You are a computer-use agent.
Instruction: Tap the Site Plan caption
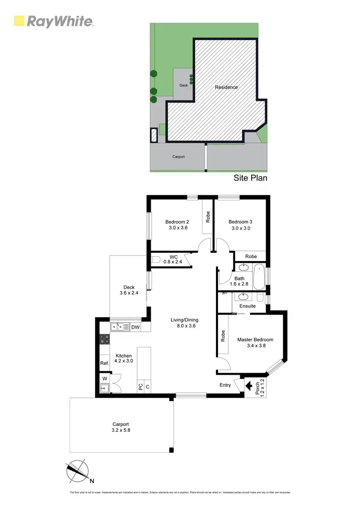[x=250, y=178]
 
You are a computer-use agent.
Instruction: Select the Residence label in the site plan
[x=226, y=87]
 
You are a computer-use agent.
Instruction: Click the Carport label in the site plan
[x=179, y=157]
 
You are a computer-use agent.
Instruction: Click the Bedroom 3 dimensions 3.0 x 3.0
[x=240, y=228]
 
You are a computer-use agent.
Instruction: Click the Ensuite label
[x=248, y=306]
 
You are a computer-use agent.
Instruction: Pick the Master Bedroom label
[x=255, y=340]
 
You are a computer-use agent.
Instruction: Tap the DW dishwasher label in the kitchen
[x=135, y=328]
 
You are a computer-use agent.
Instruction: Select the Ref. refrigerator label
[x=104, y=363]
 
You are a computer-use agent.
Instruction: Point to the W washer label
[x=104, y=378]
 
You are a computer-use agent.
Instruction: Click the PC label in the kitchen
[x=140, y=386]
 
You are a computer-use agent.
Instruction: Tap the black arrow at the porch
[x=249, y=385]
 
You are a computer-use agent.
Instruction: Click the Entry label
[x=225, y=385]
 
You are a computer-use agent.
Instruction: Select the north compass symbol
[x=78, y=470]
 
